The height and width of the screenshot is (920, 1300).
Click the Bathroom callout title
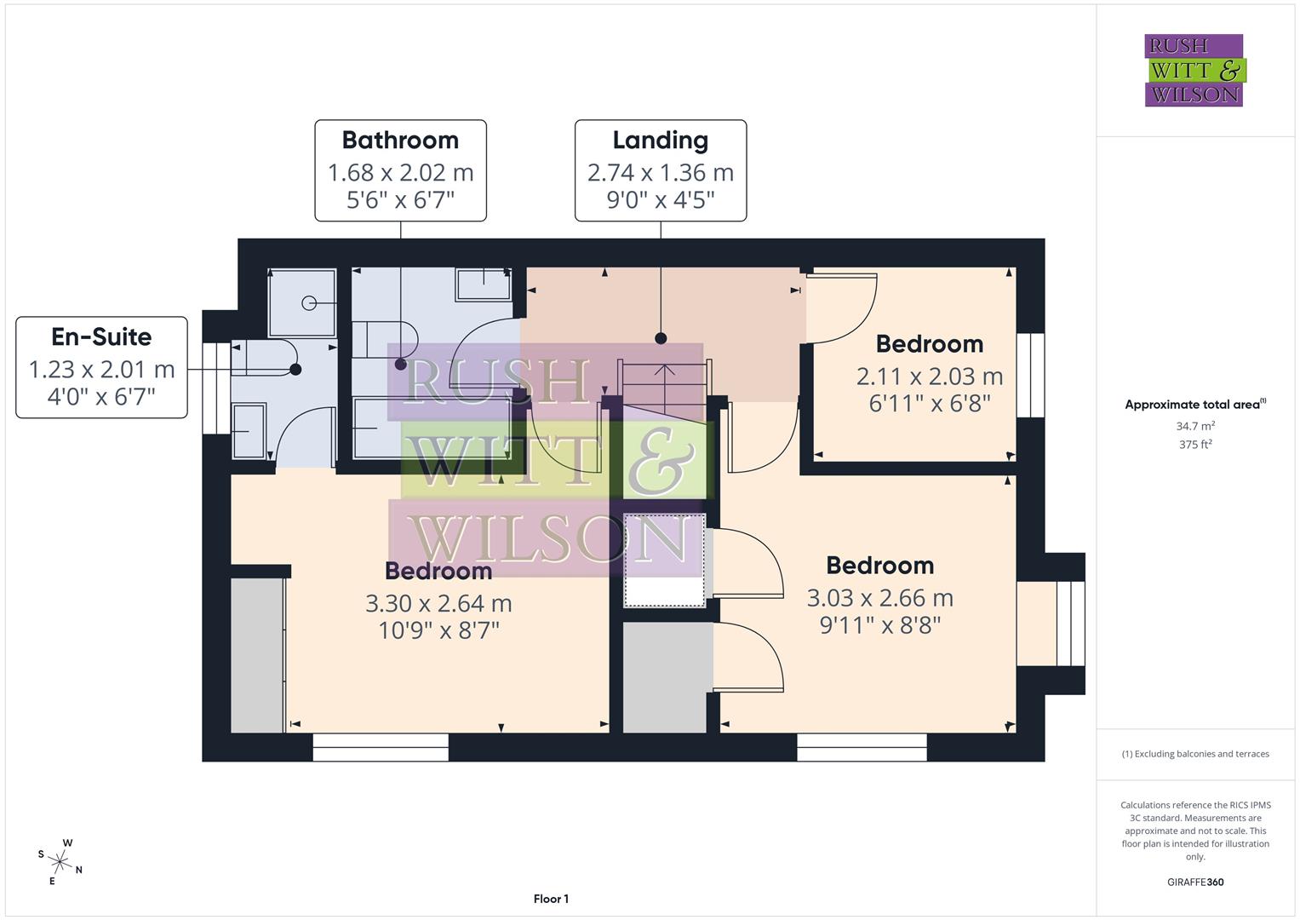[x=400, y=141]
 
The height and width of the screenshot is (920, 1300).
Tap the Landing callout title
[x=660, y=141]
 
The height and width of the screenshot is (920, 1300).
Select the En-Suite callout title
[x=101, y=337]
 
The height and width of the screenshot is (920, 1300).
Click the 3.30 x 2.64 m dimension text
[x=438, y=604]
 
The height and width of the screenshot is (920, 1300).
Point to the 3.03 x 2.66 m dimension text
[x=879, y=598]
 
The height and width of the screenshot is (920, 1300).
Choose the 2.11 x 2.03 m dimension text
[x=929, y=377]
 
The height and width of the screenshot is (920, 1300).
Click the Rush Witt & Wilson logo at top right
[x=1194, y=71]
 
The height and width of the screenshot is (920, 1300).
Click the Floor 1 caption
[x=551, y=899]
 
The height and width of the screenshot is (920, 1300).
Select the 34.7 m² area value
[x=1194, y=426]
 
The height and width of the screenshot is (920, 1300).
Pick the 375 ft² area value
[x=1194, y=445]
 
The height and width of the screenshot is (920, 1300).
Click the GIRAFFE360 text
[x=1194, y=882]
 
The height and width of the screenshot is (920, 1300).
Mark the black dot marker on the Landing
[x=661, y=338]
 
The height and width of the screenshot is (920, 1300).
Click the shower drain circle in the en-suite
[x=309, y=303]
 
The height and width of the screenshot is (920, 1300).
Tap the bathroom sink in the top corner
[x=484, y=284]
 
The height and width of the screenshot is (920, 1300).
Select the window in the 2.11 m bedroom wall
[x=1030, y=375]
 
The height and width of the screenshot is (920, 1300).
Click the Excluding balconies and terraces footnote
[x=1194, y=754]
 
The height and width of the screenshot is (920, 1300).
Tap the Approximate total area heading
[x=1194, y=405]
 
